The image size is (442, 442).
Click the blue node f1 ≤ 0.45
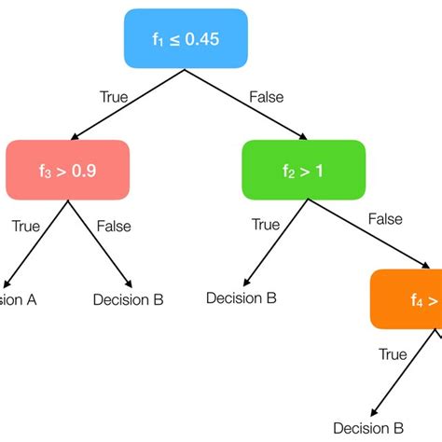coord(186,39)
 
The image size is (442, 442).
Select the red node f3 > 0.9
coord(67,171)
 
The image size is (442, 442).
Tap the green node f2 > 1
coord(304,171)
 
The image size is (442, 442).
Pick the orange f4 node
coord(408,299)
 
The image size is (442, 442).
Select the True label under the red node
coord(26,226)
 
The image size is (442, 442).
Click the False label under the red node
coord(113,226)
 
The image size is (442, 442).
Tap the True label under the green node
coord(266,224)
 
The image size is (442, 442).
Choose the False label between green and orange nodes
coord(385,219)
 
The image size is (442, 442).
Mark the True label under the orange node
coord(393,354)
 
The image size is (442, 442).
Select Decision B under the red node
coord(129,299)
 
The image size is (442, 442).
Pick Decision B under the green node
coord(241,298)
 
